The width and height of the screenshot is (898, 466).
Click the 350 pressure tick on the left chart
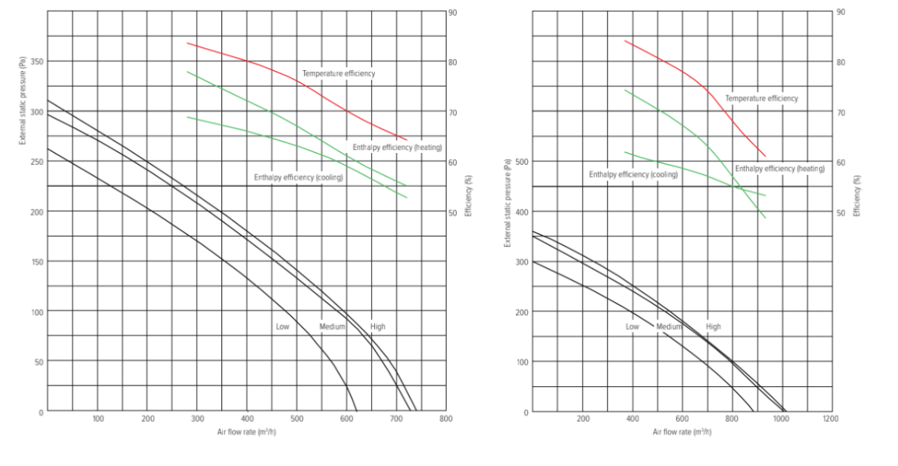pos(36,62)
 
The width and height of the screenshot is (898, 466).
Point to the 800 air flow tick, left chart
pos(447,419)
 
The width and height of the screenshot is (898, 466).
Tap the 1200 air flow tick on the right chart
pos(830,419)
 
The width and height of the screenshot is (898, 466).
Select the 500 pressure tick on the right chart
pos(521,162)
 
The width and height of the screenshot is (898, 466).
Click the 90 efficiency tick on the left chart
pos(452,13)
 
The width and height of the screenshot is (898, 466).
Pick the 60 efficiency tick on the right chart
pos(840,162)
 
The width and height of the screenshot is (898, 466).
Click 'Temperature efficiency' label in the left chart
pos(339,73)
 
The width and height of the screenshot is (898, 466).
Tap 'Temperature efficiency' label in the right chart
pos(761,99)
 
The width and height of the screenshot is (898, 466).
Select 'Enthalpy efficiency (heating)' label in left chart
pos(397,147)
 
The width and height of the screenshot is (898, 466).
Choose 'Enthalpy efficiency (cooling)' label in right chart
pos(633,174)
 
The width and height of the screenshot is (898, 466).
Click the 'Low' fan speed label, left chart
pos(282,326)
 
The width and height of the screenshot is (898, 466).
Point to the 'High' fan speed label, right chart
pos(713,326)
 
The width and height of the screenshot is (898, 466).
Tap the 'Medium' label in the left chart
pos(332,326)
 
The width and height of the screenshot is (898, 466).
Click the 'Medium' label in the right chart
pos(669,326)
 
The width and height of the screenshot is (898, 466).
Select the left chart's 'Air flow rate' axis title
pos(247,432)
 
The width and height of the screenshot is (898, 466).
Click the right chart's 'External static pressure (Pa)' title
pos(508,202)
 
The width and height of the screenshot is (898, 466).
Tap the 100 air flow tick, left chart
pos(98,419)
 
